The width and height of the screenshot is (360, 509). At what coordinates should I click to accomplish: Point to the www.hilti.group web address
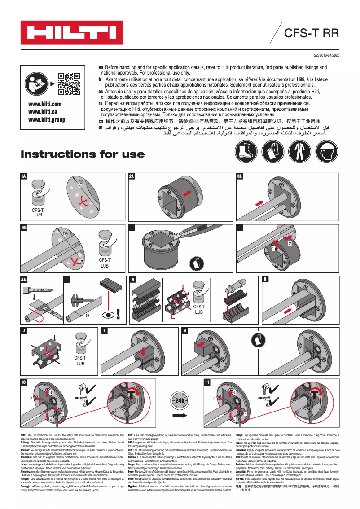(46, 120)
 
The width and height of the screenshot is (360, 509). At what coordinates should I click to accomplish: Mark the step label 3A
(240, 176)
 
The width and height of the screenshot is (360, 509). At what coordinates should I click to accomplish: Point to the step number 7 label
(24, 331)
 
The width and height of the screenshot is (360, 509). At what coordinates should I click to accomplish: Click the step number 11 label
(207, 382)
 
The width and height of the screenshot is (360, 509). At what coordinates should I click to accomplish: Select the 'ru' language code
(101, 103)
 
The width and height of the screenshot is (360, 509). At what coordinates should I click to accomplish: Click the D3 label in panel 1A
(81, 182)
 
